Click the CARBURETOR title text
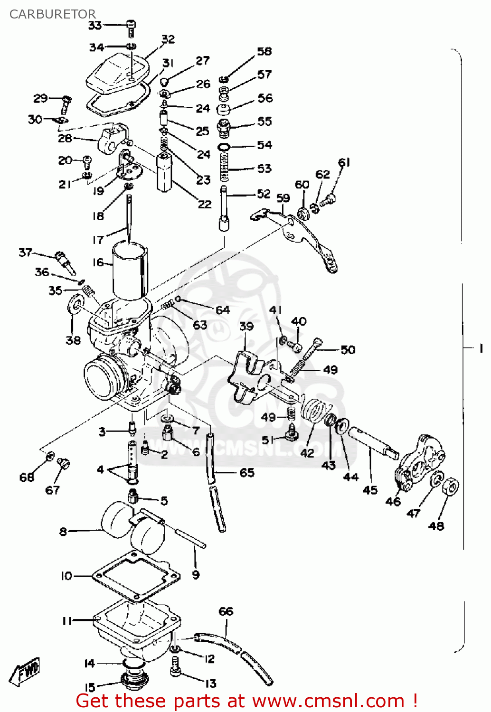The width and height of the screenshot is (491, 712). click(x=52, y=14)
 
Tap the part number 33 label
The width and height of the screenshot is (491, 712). click(x=95, y=25)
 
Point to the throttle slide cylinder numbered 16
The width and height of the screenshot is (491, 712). click(x=129, y=271)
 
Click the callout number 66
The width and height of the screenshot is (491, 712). click(x=226, y=611)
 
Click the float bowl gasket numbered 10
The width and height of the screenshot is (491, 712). click(x=135, y=577)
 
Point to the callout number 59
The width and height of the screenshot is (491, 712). click(x=283, y=198)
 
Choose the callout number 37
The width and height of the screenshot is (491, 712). click(x=25, y=253)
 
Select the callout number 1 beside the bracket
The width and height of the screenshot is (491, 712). click(x=481, y=348)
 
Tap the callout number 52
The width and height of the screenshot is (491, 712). click(x=264, y=194)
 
